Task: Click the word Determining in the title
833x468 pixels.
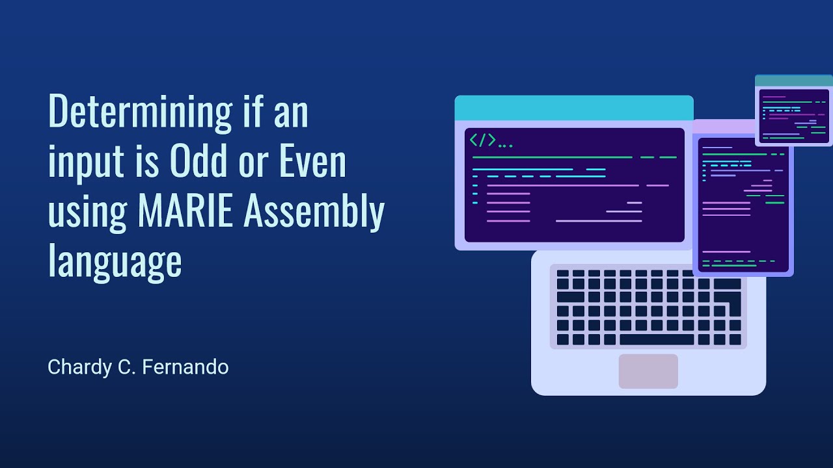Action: [140, 112]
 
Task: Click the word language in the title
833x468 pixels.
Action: [115, 262]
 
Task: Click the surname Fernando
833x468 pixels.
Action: [185, 367]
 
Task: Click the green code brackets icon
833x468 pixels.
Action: [482, 140]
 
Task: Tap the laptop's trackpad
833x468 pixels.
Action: [648, 371]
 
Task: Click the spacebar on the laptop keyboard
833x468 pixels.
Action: [657, 339]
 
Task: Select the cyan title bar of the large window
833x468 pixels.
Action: [573, 108]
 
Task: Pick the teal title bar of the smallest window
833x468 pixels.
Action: [793, 81]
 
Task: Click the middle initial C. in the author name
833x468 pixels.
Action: [124, 367]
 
